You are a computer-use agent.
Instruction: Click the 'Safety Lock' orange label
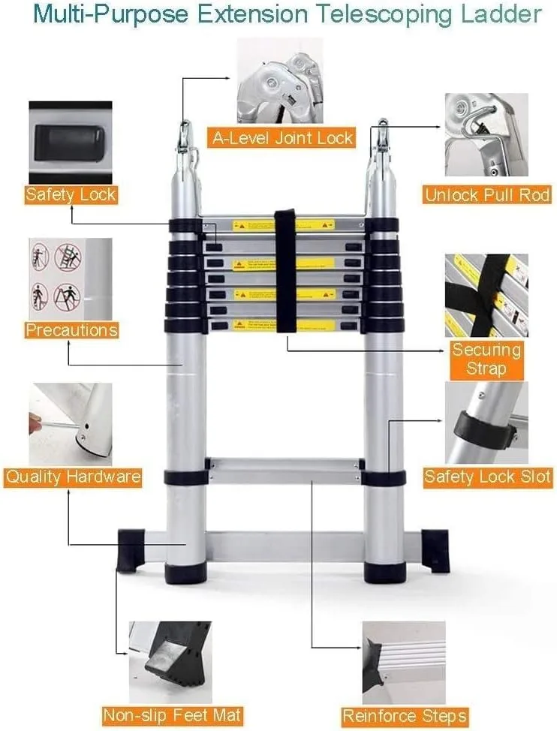pos(71,195)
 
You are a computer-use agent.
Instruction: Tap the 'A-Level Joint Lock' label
pos(282,137)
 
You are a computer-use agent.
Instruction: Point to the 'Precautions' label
pos(71,329)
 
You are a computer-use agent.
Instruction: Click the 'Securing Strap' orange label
pos(486,359)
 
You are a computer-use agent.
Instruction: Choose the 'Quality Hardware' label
pos(72,477)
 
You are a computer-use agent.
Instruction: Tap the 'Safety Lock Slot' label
pos(487,476)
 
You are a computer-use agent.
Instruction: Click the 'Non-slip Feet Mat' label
pos(173,715)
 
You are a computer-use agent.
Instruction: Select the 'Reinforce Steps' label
pos(405,715)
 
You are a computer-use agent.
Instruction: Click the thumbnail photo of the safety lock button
pos(70,142)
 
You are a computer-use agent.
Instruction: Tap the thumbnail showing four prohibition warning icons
pos(70,278)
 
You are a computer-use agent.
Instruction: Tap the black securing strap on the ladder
pos(285,270)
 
